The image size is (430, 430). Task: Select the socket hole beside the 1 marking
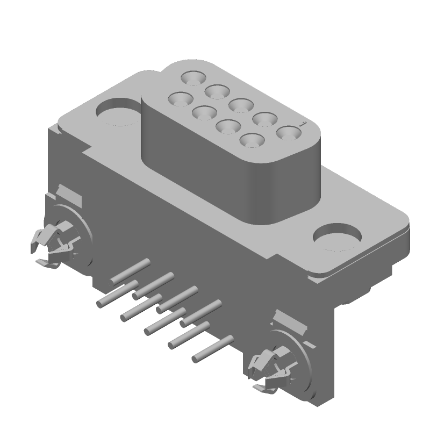coord(289,132)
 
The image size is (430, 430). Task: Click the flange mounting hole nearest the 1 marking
coord(338,236)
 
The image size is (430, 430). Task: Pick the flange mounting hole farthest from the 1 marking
coord(117,112)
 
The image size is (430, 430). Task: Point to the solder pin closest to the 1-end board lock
coord(212,348)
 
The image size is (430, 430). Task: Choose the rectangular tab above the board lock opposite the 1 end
coord(69,195)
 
